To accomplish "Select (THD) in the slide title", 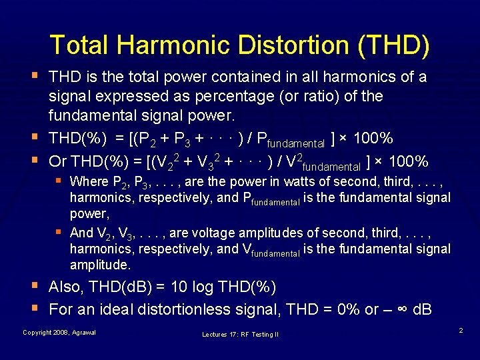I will click(x=393, y=45).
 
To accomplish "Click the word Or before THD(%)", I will click(x=58, y=161).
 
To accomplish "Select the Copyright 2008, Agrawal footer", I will click(x=59, y=332).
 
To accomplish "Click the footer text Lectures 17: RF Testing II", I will click(x=239, y=334).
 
